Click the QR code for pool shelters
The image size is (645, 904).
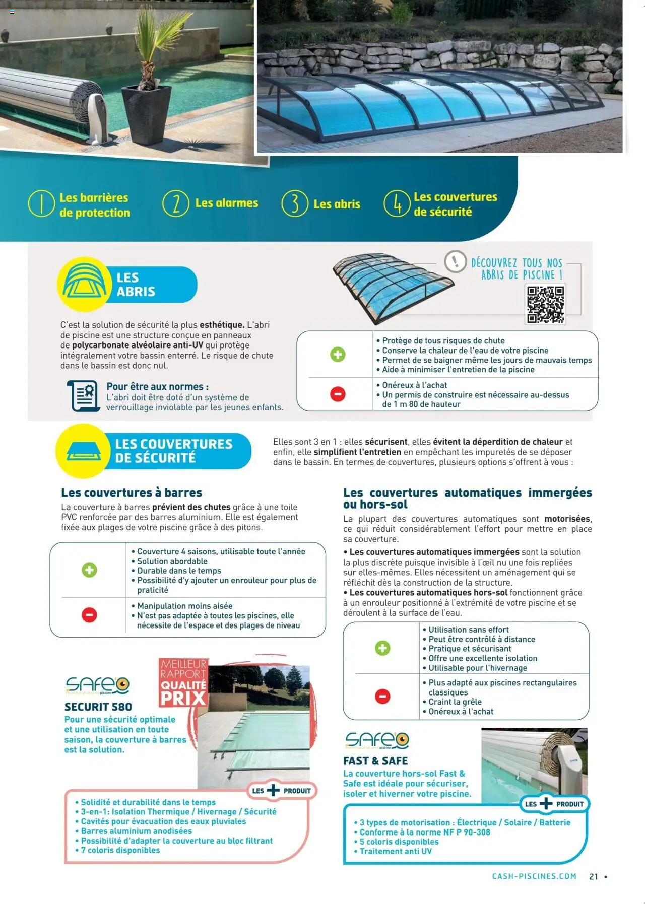coord(545,304)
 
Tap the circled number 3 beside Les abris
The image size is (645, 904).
coord(294,203)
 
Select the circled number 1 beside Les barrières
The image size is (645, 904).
coord(41,204)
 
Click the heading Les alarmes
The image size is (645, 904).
coord(226,203)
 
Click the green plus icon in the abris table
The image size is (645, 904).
coord(338,354)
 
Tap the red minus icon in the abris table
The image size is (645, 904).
coord(338,394)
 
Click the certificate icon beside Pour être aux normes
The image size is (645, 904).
coord(83,396)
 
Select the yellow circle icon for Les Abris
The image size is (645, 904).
coord(85,284)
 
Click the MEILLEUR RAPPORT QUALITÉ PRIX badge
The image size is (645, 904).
coord(183,682)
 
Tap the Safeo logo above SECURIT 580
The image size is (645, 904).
coord(97,685)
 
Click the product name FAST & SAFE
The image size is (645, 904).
coord(375,761)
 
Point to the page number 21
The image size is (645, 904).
coord(594,877)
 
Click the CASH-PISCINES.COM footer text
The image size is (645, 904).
coord(534,876)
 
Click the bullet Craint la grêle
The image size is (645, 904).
coord(455,702)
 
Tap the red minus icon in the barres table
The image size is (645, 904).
coord(89,615)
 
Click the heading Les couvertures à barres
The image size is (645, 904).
coord(132,492)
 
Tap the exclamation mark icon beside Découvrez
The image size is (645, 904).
coord(455,261)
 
